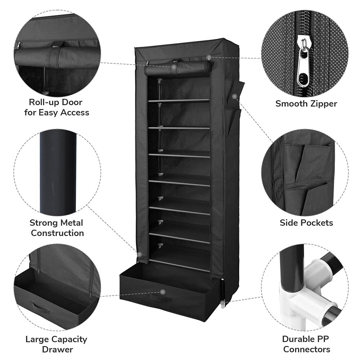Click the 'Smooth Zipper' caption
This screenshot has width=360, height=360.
tap(306, 104)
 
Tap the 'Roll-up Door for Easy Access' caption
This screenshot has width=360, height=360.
tap(57, 107)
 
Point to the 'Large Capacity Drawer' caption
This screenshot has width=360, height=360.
tap(57, 344)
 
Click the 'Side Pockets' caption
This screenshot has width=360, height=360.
tap(306, 223)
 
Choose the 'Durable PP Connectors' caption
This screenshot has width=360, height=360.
tap(306, 344)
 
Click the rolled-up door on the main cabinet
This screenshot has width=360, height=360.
tap(178, 68)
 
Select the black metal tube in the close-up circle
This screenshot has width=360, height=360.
tap(58, 173)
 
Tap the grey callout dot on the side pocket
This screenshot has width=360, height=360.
tap(235, 96)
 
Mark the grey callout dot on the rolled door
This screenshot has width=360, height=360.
tap(174, 67)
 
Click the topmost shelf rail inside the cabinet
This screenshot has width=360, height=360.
tap(179, 101)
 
